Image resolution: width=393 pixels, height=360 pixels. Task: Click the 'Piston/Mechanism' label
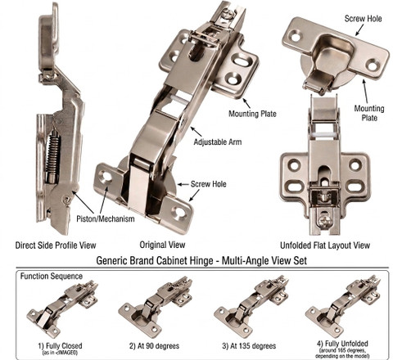(106, 218)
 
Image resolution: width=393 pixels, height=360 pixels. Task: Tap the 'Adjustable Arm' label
(218, 142)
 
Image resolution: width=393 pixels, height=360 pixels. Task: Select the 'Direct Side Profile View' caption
(56, 245)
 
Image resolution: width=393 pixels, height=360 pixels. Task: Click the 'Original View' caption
(162, 245)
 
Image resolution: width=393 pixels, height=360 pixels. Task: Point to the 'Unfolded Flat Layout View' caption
(325, 245)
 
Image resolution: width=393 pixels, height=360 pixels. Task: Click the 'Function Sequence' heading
(52, 276)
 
